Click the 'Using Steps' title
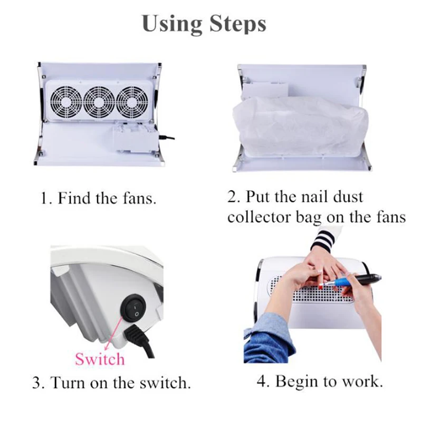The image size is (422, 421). click(x=204, y=24)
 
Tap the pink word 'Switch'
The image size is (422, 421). click(x=100, y=359)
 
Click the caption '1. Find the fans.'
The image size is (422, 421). click(x=99, y=199)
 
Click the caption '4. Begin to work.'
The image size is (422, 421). click(x=320, y=381)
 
